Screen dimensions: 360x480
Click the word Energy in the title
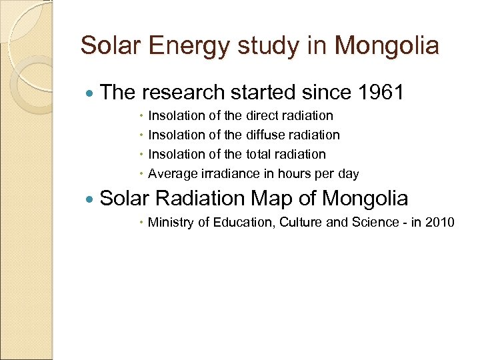[174, 46]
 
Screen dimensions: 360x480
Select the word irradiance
[227, 174]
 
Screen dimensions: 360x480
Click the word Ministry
[169, 222]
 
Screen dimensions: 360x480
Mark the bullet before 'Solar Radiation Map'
[91, 199]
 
